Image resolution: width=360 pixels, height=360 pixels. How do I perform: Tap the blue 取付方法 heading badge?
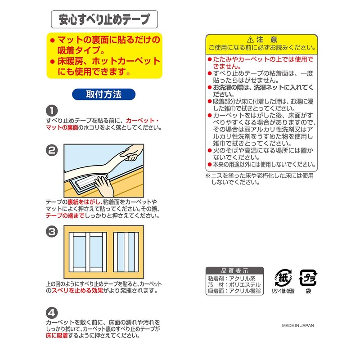point(103,94)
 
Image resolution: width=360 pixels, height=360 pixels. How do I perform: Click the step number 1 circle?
point(52,111)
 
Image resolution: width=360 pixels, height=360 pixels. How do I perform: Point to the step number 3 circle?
point(52,232)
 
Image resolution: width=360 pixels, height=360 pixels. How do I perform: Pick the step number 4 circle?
point(52,312)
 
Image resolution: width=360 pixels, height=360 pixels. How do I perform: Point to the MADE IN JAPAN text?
point(298,326)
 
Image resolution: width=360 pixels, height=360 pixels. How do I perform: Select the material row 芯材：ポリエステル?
point(234,285)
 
